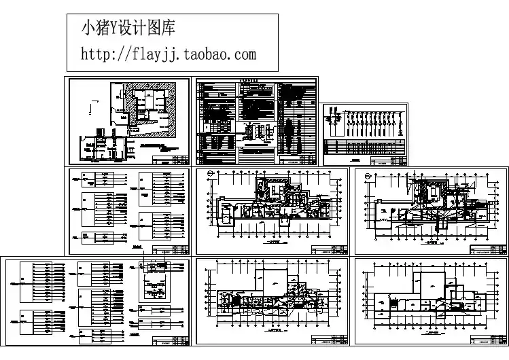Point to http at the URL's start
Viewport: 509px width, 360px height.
(94, 53)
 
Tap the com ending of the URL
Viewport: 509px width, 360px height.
(245, 53)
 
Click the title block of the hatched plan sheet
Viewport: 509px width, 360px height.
(173, 160)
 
